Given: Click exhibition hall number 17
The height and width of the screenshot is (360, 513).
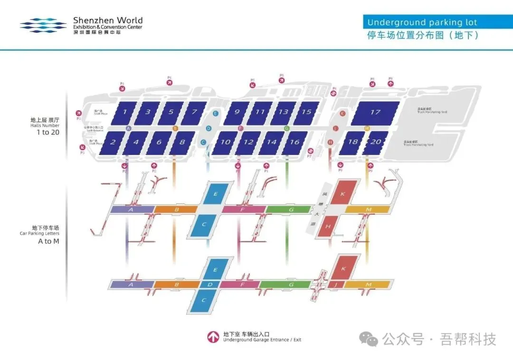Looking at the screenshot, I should [x=375, y=113].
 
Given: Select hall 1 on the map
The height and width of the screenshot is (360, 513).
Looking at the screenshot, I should [x=125, y=112].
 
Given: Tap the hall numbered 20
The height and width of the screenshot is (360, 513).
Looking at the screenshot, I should [x=375, y=142].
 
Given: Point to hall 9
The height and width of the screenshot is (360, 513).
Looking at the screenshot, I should [x=237, y=112].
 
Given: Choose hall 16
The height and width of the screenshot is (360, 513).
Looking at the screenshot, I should [x=294, y=142].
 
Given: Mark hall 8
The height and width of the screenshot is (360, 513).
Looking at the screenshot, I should [x=182, y=142].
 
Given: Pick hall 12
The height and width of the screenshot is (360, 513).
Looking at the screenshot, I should [x=248, y=142].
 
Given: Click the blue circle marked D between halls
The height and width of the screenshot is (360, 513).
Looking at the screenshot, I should [x=209, y=128].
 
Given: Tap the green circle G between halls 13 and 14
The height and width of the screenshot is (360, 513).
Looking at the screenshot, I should [x=286, y=128].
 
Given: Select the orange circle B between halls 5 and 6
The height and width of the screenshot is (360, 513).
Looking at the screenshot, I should [x=175, y=128].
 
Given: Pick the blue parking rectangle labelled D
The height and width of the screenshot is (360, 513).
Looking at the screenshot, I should [x=210, y=284].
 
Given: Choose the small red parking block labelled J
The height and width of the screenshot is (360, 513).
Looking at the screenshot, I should [x=336, y=284].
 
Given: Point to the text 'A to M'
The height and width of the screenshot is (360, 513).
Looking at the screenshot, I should [x=46, y=241].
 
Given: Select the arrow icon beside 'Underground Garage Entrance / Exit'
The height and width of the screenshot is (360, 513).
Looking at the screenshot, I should [x=212, y=337].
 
